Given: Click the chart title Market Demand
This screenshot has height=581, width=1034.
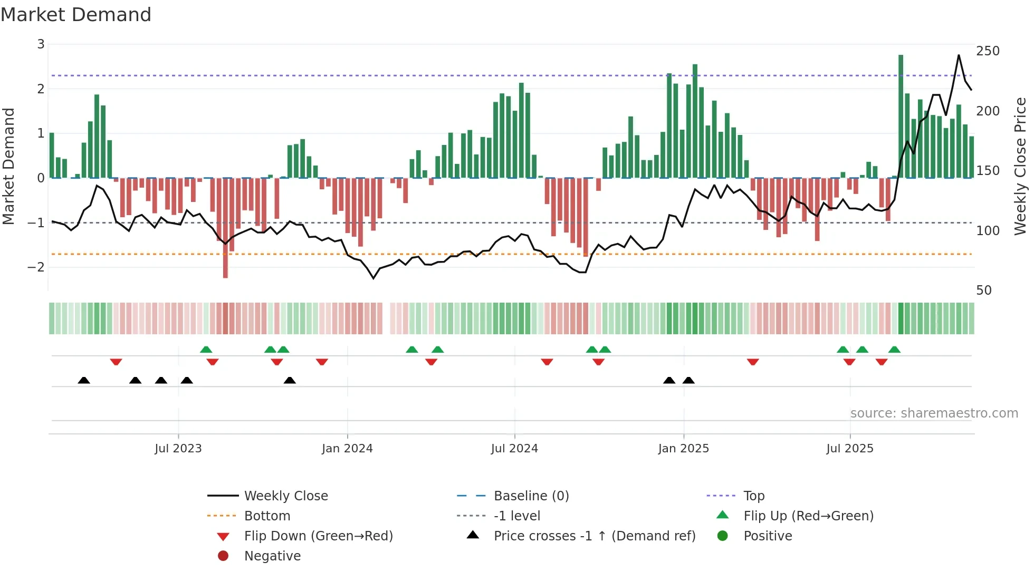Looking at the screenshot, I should click(x=76, y=15).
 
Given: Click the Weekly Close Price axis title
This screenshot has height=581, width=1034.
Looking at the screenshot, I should click(x=1020, y=166).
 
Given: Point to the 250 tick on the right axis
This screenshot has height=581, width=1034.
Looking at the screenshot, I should click(x=988, y=51).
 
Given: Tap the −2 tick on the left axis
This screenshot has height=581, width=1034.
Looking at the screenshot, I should click(x=36, y=267).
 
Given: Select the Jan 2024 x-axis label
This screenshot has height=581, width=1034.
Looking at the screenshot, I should click(x=347, y=449).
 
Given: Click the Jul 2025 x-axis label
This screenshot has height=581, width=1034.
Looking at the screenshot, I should click(x=849, y=449).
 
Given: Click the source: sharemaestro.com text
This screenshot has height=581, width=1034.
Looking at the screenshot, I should click(x=934, y=413).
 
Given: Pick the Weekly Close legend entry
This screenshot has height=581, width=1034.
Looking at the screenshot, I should click(x=285, y=496).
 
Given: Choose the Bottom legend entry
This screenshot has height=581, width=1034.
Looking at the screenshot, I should click(x=267, y=516).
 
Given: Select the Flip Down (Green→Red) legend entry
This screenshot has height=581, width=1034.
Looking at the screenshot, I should click(x=318, y=536).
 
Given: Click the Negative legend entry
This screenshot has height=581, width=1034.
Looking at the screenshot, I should click(x=272, y=556).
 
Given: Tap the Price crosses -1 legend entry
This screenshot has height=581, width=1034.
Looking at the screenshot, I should click(x=594, y=536).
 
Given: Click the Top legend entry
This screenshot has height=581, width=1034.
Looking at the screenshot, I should click(x=753, y=496).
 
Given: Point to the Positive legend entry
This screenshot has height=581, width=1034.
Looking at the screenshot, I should click(x=767, y=536).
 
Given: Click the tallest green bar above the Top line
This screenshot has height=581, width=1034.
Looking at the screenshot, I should click(x=901, y=116).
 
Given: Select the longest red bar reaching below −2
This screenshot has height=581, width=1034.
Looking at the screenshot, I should click(x=225, y=228).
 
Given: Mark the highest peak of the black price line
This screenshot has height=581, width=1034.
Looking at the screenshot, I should click(x=959, y=55).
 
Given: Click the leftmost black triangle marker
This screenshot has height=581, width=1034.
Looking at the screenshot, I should click(x=84, y=380).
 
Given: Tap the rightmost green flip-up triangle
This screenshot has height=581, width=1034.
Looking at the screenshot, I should click(x=894, y=350).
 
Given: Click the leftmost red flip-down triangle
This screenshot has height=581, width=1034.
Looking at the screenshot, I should click(x=116, y=362).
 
